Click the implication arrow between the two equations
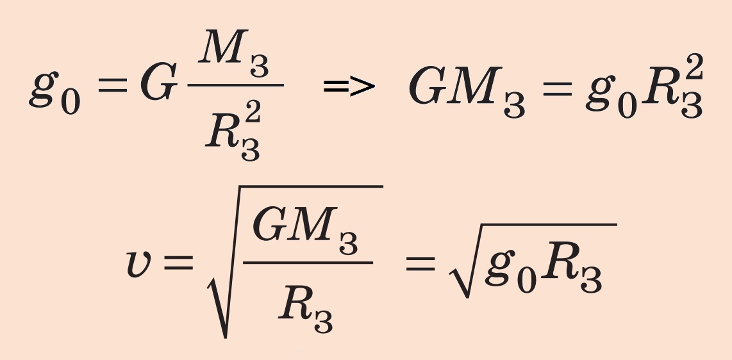[349, 86]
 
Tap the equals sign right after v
[178, 263]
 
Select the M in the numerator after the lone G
[223, 47]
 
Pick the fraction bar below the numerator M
[236, 85]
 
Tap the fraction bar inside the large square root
[308, 263]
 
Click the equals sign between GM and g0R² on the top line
[557, 88]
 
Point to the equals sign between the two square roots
[420, 263]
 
